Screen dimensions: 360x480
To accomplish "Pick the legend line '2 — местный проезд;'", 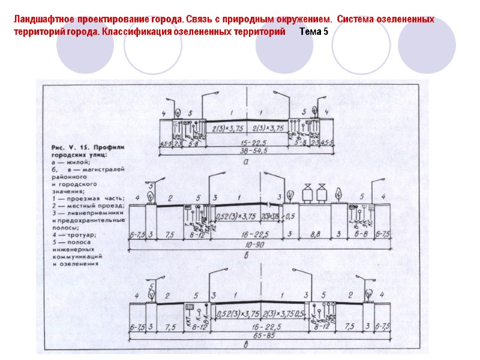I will [88, 206].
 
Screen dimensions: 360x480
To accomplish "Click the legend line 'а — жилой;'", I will [71, 161].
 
